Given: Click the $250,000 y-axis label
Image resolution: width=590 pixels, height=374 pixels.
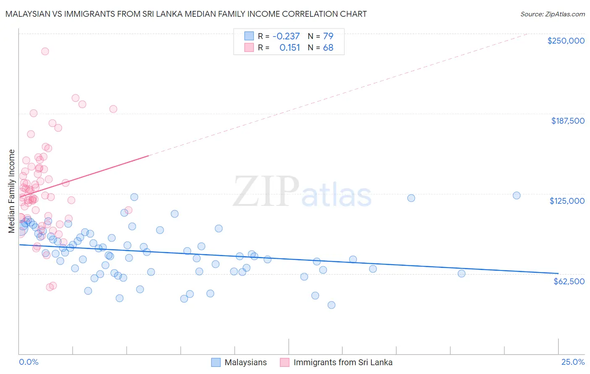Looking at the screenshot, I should click(x=566, y=41).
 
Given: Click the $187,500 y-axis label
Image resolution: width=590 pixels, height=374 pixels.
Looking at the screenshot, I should click(x=567, y=121).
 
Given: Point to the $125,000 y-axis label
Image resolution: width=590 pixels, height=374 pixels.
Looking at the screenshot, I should click(x=567, y=201).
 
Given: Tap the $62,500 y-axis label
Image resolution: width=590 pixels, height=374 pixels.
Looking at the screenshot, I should click(x=569, y=281).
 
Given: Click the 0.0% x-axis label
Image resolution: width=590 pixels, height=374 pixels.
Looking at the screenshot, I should click(x=29, y=362).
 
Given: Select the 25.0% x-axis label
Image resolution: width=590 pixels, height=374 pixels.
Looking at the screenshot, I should click(x=573, y=362).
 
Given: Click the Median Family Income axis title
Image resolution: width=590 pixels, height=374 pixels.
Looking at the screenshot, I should click(x=12, y=191).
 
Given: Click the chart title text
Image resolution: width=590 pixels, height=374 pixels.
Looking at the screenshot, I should click(x=186, y=14).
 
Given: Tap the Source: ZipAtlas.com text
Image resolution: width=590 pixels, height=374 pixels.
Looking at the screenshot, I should click(x=552, y=14).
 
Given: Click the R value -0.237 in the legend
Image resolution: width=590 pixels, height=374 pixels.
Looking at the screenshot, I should click(x=286, y=36).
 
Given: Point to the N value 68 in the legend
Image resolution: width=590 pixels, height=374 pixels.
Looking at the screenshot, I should click(x=328, y=48).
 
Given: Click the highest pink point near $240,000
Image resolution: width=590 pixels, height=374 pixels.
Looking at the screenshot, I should click(x=45, y=51).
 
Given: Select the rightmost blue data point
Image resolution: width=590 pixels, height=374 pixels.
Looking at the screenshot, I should click(x=517, y=195).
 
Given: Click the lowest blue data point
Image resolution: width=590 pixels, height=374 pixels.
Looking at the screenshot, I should click(x=332, y=305).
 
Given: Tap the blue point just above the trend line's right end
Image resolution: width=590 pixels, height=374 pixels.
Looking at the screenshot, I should click(x=462, y=273).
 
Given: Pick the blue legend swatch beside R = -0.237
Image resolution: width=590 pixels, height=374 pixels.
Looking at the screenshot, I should click(x=249, y=36).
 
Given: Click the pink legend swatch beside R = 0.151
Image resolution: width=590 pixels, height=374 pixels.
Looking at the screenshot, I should click(x=249, y=48).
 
